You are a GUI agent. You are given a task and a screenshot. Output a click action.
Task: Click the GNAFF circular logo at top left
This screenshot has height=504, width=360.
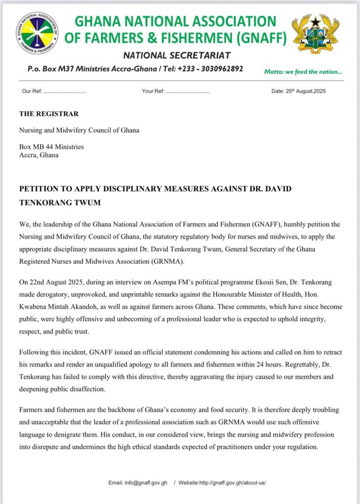(x=37, y=33)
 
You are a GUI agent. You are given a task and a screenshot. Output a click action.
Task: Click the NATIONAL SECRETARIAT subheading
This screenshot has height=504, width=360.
(x=177, y=55)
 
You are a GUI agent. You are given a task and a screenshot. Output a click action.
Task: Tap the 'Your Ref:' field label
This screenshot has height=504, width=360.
(x=153, y=92)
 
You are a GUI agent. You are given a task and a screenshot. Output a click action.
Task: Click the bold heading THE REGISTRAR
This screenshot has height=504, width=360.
(x=49, y=114)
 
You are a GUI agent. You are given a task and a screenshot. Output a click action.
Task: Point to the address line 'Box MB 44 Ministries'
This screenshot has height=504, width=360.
(x=51, y=147)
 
